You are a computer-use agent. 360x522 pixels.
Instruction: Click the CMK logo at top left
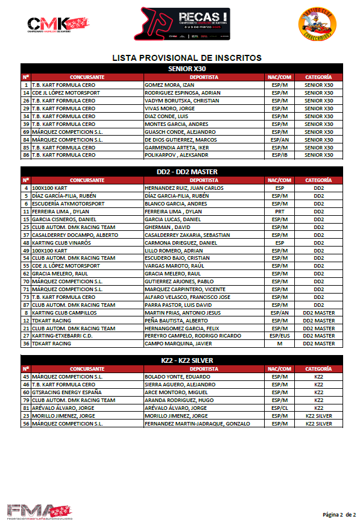point(58,24)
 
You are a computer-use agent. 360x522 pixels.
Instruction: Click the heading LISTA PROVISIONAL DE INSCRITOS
point(187,58)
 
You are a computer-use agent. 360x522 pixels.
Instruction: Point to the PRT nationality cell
point(279,212)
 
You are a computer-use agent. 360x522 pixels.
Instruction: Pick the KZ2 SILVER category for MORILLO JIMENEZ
point(318,416)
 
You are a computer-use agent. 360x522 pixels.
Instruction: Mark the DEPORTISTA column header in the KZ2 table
point(204,369)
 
